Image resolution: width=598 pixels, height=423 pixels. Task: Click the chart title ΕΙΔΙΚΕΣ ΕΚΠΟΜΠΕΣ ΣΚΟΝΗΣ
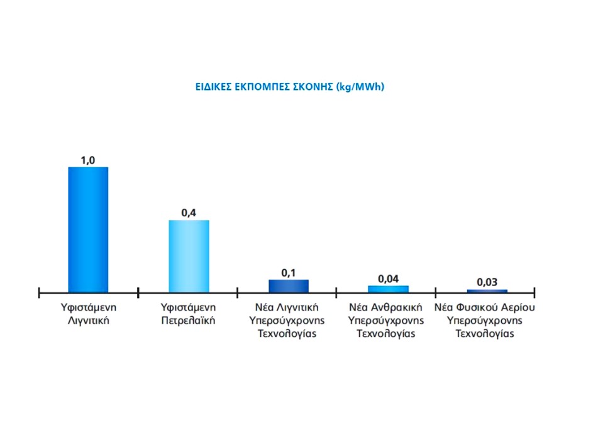pyautogui.click(x=289, y=87)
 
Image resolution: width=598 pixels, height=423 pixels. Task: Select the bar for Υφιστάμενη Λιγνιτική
pyautogui.click(x=88, y=229)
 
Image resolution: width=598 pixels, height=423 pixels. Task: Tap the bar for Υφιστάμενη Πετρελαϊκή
pyautogui.click(x=189, y=256)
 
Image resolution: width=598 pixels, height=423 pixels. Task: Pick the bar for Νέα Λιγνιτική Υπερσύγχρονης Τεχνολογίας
pyautogui.click(x=289, y=286)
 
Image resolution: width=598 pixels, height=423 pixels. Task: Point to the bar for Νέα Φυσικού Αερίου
pyautogui.click(x=487, y=291)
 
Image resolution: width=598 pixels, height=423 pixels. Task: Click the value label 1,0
pyautogui.click(x=88, y=160)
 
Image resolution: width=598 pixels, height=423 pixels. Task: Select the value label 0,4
pyautogui.click(x=189, y=213)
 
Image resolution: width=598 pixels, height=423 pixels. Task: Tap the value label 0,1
pyautogui.click(x=289, y=272)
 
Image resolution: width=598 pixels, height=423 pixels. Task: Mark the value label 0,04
pyautogui.click(x=388, y=278)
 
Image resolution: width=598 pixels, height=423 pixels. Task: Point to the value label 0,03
pyautogui.click(x=487, y=282)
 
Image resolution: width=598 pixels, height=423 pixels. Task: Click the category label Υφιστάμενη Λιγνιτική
pyautogui.click(x=88, y=314)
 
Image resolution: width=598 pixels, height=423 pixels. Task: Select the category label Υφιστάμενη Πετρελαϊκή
pyautogui.click(x=189, y=314)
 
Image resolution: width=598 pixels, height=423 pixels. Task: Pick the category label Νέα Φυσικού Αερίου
pyautogui.click(x=485, y=321)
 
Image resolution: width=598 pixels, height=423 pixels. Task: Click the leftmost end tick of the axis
pyautogui.click(x=39, y=292)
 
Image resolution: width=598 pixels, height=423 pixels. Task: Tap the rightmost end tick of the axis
pyautogui.click(x=534, y=292)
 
